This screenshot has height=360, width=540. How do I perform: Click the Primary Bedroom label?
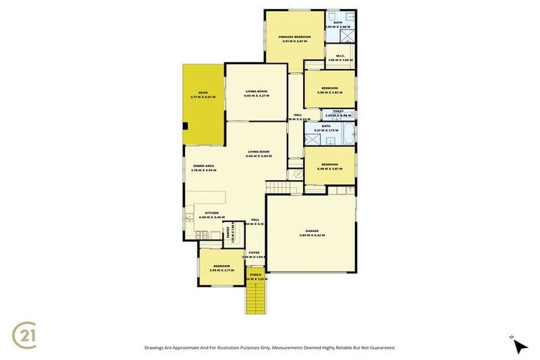tap(294, 37)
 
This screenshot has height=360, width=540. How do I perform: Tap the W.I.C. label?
tap(339, 56)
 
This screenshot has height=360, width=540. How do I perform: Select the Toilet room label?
tap(338, 111)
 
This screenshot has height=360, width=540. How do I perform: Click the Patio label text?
tap(202, 92)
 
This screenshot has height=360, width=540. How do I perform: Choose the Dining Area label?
tap(203, 166)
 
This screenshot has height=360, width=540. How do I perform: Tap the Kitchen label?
tap(211, 213)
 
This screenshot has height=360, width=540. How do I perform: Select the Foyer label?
tap(253, 252)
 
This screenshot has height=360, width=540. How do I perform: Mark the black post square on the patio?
tap(185, 127)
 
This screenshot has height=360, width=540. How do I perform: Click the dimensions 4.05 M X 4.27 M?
tap(257, 96)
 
